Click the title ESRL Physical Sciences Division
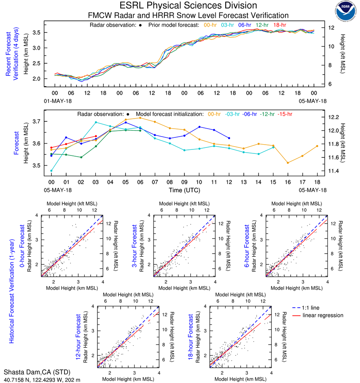pyautogui.click(x=188, y=6)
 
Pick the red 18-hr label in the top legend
pyautogui.click(x=280, y=25)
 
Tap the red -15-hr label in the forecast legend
pyautogui.click(x=285, y=114)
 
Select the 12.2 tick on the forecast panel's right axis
pyautogui.click(x=333, y=117)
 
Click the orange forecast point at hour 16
pyautogui.click(x=288, y=162)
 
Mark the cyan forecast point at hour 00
pyautogui.click(x=51, y=171)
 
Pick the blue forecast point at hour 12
pyautogui.click(x=229, y=138)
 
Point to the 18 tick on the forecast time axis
pyautogui.click(x=317, y=182)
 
